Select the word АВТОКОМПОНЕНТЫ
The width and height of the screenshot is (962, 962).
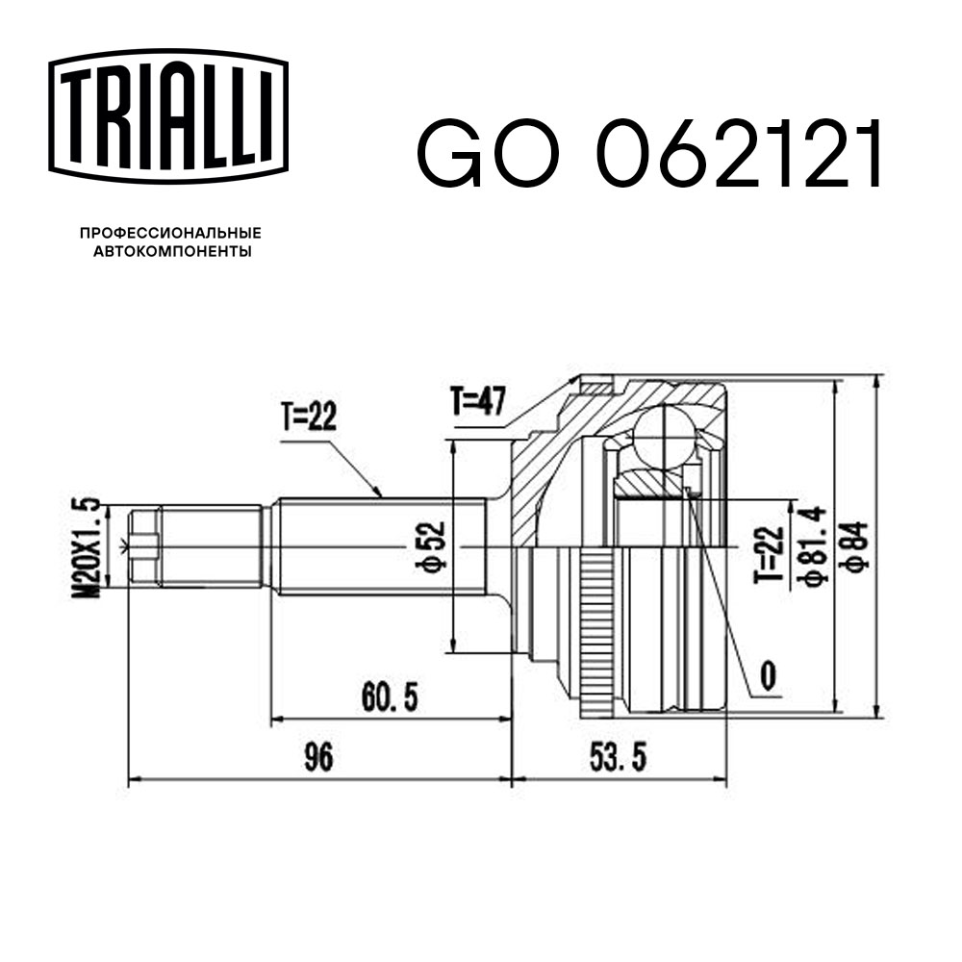point(171,252)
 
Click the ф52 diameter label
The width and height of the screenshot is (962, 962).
point(435,545)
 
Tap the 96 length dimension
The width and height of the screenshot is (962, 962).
point(317,758)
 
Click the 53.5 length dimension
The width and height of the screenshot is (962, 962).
point(617,758)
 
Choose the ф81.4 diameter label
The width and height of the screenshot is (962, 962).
point(810,546)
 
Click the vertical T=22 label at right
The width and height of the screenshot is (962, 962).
point(767,546)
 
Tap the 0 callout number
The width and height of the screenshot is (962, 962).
point(767,675)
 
